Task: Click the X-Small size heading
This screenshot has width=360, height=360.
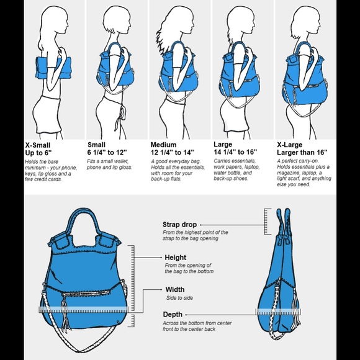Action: coord(38,145)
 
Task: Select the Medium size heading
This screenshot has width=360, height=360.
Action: coord(163,145)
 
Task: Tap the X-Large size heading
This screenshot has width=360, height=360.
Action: coord(289,145)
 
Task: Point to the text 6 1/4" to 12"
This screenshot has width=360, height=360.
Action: coord(107,152)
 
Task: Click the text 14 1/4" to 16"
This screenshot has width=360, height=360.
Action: coord(235,152)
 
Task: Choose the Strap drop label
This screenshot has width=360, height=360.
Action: coord(179,225)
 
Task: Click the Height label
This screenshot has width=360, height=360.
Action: coord(176,258)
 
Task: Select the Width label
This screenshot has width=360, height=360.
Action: coord(175,289)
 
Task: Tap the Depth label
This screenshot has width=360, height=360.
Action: coord(173,314)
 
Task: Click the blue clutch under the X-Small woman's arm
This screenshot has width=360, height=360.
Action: coord(53,68)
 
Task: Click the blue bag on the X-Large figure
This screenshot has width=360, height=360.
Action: coord(305,78)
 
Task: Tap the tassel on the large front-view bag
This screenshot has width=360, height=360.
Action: coord(65,312)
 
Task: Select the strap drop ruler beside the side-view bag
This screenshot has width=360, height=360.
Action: coord(268,222)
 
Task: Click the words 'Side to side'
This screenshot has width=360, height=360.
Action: coord(179,298)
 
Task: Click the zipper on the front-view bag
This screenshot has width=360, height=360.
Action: coord(86,293)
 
